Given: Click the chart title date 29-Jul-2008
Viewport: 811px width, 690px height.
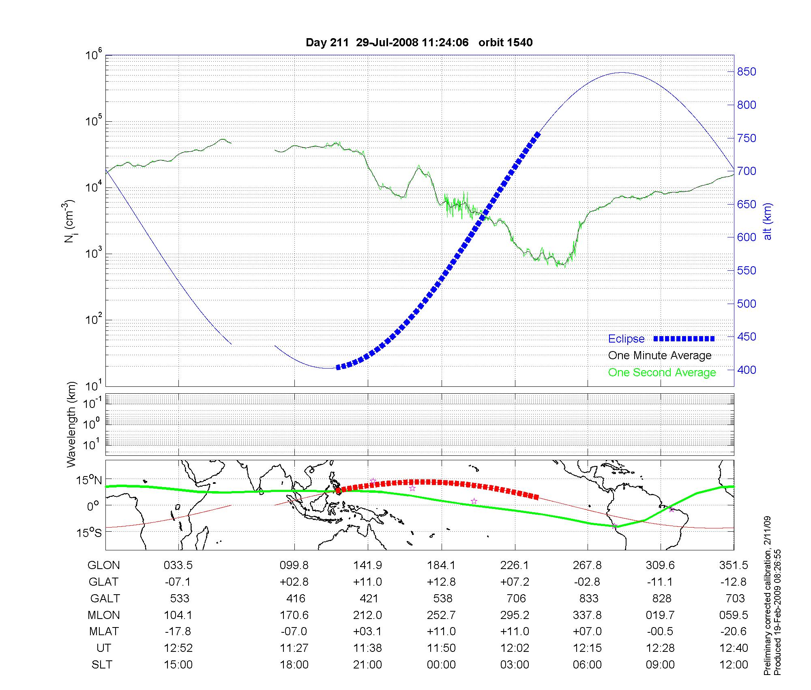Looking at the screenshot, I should click(x=387, y=43).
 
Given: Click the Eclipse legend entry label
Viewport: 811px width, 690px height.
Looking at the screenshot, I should click(x=626, y=339).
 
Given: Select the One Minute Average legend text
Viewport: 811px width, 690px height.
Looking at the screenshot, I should click(x=660, y=356).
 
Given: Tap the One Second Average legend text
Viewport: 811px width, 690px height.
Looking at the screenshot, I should click(x=662, y=373).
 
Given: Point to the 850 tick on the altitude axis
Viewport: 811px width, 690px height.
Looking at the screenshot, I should click(x=747, y=72).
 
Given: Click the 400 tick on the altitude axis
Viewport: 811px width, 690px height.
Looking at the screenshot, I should click(x=747, y=370).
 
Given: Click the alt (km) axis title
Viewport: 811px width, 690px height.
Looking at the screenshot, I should click(x=768, y=221).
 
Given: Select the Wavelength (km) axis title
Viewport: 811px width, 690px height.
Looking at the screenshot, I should click(x=71, y=424).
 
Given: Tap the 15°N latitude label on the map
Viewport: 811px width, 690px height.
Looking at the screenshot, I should click(x=90, y=481).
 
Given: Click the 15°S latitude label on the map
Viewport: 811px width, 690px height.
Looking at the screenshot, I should click(x=90, y=533).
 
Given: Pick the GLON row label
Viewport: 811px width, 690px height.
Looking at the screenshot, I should click(x=103, y=565).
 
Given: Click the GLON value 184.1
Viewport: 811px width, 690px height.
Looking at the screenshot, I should click(x=441, y=565).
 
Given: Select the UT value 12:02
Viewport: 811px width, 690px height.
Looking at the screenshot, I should click(x=515, y=648).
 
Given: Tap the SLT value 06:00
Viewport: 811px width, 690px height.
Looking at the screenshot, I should click(x=587, y=665).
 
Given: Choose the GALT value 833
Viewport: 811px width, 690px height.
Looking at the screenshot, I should click(x=588, y=598).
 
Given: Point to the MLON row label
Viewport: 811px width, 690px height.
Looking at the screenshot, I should click(x=103, y=615).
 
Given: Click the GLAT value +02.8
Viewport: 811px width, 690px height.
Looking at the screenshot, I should click(x=294, y=582).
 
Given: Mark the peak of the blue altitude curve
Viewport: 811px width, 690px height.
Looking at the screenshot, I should click(x=622, y=73).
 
